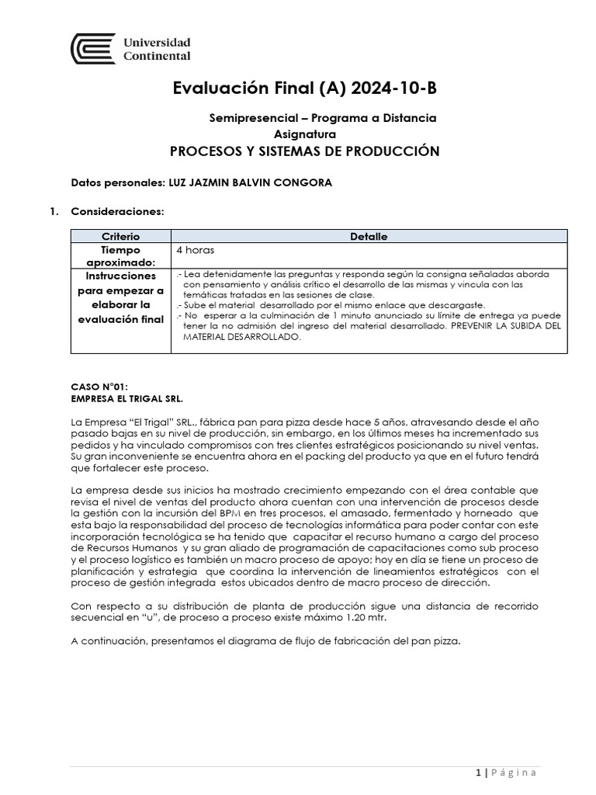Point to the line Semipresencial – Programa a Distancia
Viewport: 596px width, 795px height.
tap(323, 118)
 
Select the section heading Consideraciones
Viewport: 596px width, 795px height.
tap(117, 210)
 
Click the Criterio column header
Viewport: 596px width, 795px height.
tap(120, 236)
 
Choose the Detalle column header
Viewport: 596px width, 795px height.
tap(369, 236)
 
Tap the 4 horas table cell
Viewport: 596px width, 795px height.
tap(196, 251)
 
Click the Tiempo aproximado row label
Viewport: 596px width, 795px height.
tap(120, 256)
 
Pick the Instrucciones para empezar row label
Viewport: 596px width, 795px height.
tap(120, 297)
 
